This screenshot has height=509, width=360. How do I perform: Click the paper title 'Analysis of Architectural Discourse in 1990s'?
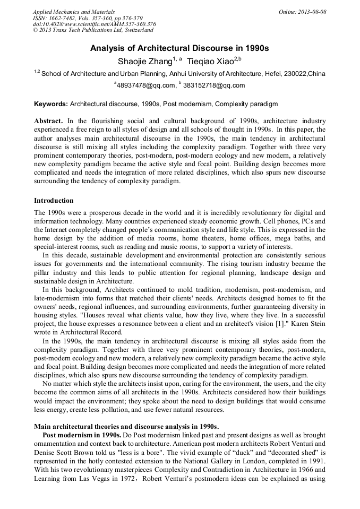pyautogui.click(x=179, y=48)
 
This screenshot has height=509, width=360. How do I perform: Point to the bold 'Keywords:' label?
pyautogui.click(x=51, y=105)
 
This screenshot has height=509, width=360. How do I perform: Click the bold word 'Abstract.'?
pyautogui.click(x=48, y=122)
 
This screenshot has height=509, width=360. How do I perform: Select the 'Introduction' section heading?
pyautogui.click(x=54, y=201)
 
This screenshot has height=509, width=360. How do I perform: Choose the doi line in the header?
pyautogui.click(x=94, y=24)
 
